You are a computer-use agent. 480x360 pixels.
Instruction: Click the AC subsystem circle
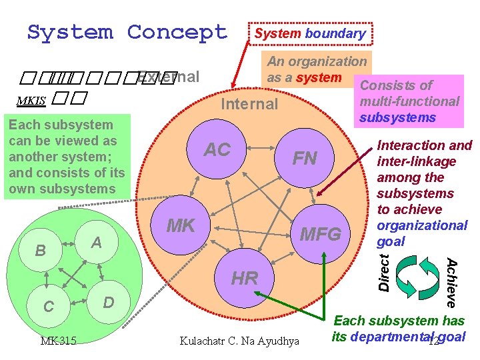217,151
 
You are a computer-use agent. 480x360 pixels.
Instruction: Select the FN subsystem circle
305,159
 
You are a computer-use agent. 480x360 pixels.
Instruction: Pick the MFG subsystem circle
321,234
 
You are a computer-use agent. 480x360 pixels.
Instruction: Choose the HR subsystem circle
245,277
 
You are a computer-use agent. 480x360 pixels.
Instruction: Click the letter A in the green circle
97,243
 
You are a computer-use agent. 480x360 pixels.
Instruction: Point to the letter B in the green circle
41,251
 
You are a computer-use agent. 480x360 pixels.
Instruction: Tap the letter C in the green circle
49,306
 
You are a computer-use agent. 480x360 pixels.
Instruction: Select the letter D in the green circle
109,303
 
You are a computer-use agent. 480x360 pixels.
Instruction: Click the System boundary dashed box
311,33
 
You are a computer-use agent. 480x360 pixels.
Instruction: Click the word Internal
249,104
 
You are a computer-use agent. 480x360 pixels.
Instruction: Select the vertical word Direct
385,271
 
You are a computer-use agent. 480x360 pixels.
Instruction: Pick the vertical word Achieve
451,283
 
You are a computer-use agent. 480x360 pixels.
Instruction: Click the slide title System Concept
127,32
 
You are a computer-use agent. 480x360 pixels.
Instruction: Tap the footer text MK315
58,341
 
